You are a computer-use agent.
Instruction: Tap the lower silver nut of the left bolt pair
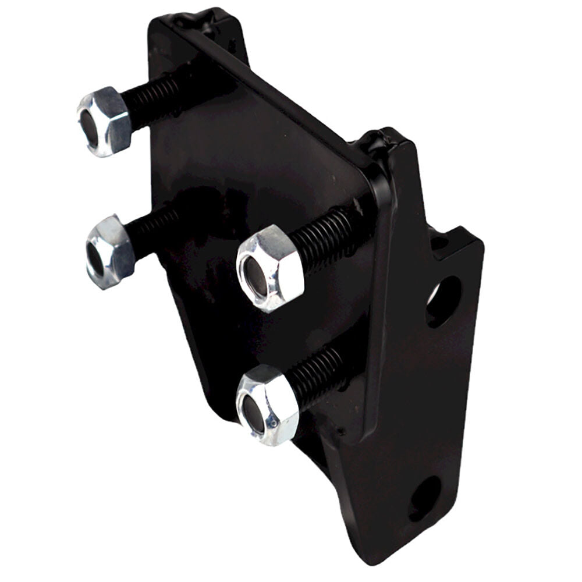(111, 251)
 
